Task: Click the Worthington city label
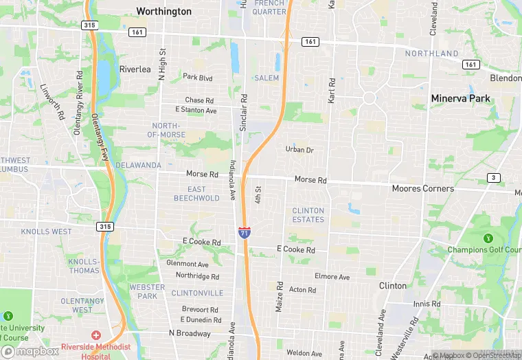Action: (163, 11)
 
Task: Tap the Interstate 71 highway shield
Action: (245, 232)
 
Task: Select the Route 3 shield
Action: (493, 178)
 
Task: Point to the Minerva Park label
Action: (460, 98)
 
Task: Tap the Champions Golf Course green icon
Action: (488, 238)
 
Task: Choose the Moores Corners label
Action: (422, 188)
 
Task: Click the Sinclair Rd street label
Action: (243, 111)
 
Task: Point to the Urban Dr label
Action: (299, 150)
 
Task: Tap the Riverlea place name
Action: (135, 69)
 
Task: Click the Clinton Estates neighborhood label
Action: (308, 215)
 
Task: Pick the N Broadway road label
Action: (190, 333)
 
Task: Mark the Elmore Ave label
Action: (332, 277)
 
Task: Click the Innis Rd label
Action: (427, 304)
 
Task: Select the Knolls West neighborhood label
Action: (46, 232)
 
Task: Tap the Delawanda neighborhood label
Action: (138, 166)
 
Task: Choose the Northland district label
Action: (431, 54)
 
